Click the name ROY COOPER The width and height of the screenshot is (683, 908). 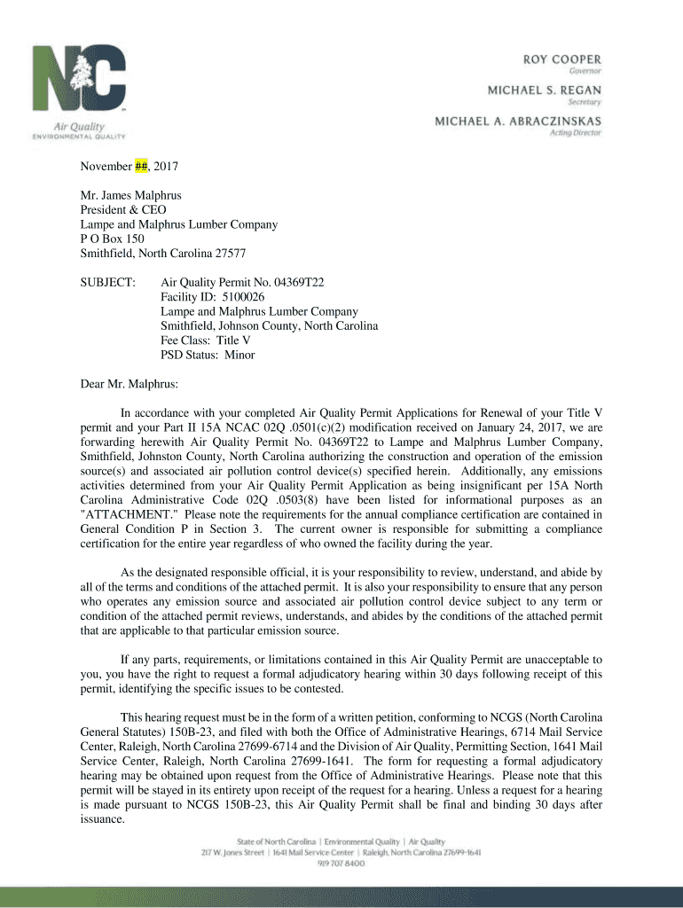pyautogui.click(x=561, y=58)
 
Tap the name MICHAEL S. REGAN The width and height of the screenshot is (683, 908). pyautogui.click(x=545, y=90)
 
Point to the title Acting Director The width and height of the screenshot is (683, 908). pyautogui.click(x=576, y=132)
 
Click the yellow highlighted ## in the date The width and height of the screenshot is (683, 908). pyautogui.click(x=141, y=167)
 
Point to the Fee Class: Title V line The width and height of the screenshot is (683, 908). pyautogui.click(x=206, y=340)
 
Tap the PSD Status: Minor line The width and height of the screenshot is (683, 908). pyautogui.click(x=208, y=355)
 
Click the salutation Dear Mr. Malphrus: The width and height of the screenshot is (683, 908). pyautogui.click(x=130, y=384)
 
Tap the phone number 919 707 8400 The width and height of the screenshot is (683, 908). pyautogui.click(x=341, y=864)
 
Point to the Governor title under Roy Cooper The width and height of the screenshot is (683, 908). pyautogui.click(x=585, y=70)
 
